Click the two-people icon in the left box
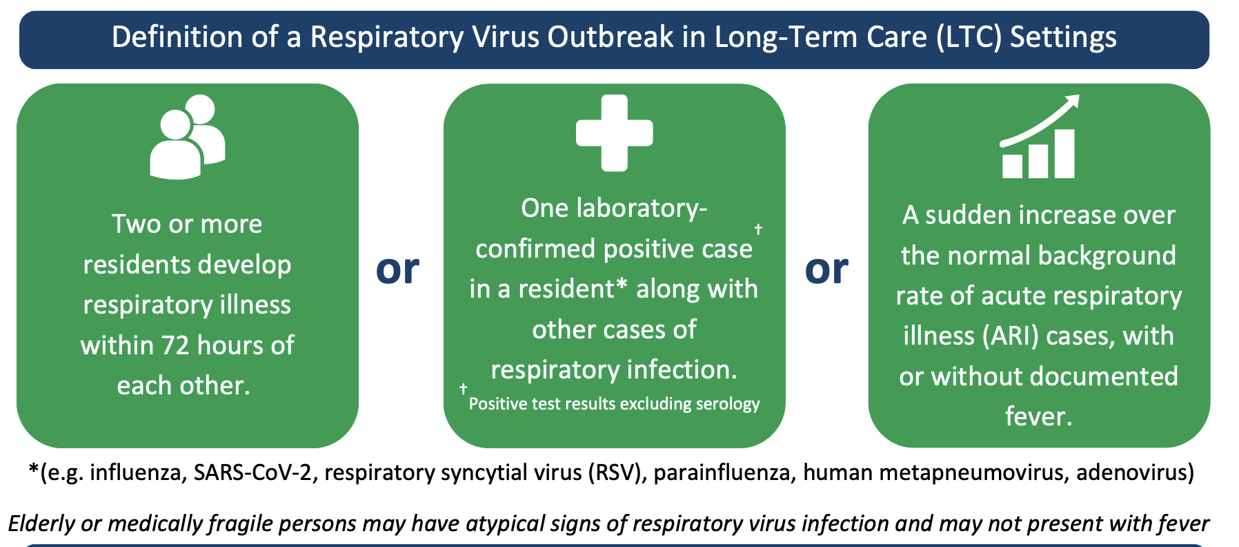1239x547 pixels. pos(187,138)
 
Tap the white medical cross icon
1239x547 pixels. pos(614,133)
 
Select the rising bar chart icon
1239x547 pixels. pos(1039,137)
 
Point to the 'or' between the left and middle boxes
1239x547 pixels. pos(397,269)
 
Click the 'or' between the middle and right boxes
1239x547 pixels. pos(826,269)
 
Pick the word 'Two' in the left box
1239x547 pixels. pos(137,224)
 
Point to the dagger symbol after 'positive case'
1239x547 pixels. pos(758,229)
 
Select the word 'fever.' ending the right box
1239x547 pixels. pos(1039,416)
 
